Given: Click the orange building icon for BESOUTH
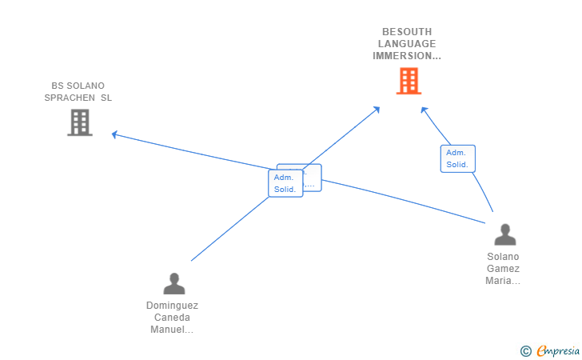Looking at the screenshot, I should (409, 81).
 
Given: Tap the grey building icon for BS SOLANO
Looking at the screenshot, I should (80, 122).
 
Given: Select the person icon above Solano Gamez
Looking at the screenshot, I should (505, 234).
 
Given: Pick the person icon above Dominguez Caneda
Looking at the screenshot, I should (173, 283).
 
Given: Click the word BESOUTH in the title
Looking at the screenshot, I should (407, 31).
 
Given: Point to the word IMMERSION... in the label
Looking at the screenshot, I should (407, 56).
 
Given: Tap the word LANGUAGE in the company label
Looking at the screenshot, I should (407, 43).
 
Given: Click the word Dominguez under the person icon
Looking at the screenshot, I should (172, 306).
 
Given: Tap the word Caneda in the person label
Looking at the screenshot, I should (172, 318).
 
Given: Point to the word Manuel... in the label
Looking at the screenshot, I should (172, 330).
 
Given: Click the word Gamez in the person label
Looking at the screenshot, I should (503, 269).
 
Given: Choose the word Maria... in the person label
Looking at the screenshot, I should (503, 281).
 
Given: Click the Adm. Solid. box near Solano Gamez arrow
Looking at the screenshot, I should (457, 158).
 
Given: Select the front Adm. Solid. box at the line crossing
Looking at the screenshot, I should (285, 183).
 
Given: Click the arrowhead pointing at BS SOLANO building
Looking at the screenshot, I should (115, 134).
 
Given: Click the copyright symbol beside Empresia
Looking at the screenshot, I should (526, 350).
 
